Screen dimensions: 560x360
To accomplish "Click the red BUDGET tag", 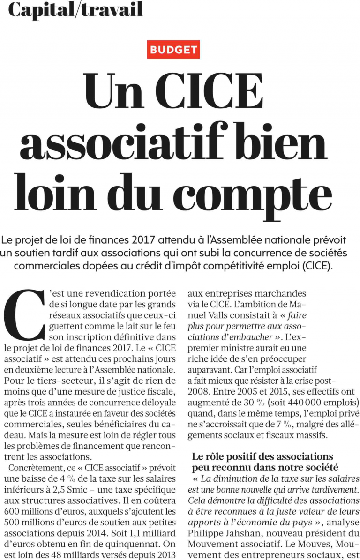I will pyautogui.click(x=173, y=50).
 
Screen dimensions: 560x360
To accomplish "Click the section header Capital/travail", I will pyautogui.click(x=75, y=9).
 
